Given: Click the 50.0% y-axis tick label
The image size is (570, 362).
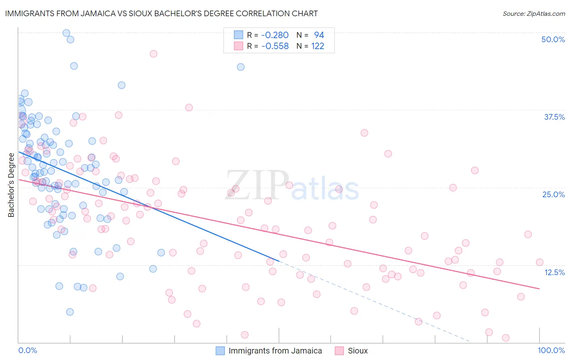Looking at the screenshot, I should coord(553,39).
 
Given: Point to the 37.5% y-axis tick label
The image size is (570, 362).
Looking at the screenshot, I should coord(554,117).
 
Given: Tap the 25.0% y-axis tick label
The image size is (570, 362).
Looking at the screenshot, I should coord(553,194).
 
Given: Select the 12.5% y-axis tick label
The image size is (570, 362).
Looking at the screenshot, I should coord(554,272).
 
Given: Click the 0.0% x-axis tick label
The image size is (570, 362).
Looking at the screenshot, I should coord(28,350).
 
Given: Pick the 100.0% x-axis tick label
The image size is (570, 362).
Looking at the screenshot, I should coord(551,350).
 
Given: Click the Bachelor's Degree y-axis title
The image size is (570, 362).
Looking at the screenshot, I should coord(11,185).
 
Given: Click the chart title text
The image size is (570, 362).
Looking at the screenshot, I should coord(161,13).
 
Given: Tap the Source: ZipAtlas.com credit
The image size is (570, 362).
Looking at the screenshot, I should coord(534,13).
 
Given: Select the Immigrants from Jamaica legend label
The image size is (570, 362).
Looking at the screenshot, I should coord(275,351).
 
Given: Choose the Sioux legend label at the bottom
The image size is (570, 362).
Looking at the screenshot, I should coord(358,351).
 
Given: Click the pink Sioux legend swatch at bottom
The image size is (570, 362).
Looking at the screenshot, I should coord(339,351).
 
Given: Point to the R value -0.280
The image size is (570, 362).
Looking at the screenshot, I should coord(275,35).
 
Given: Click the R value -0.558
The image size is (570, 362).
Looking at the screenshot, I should coord(275,46).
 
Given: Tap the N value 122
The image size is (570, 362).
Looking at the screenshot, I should coord(317,46).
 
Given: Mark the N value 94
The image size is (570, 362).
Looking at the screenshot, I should coord(319,35).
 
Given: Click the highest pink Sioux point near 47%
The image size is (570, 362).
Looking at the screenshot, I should coord(153,54).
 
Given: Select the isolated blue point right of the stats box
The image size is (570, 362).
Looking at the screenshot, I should coord(240,67).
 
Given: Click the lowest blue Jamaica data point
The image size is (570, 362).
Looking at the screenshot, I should coord(70,312).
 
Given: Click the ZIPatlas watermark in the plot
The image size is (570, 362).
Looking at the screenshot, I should coord(292,186).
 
